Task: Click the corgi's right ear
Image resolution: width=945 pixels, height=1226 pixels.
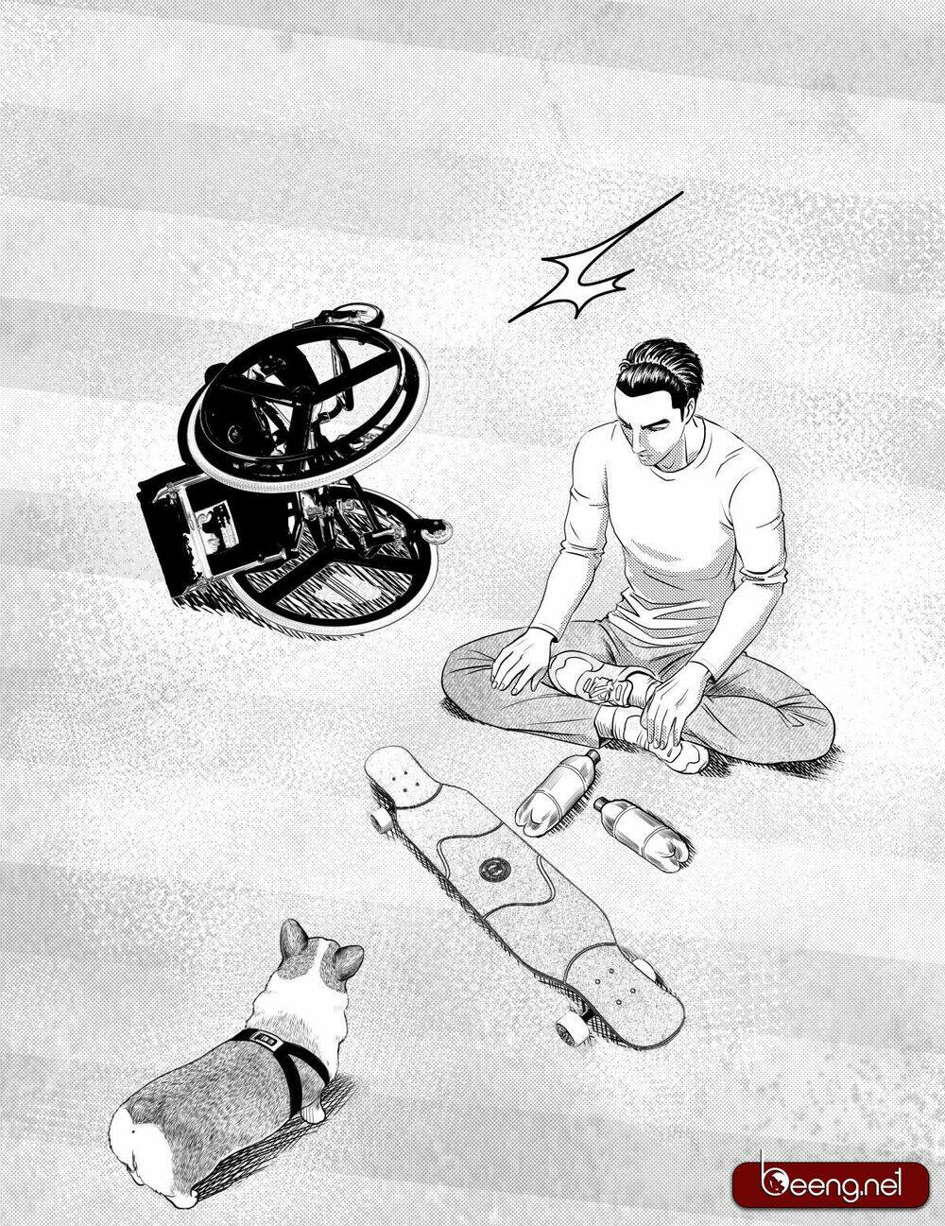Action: pyautogui.click(x=348, y=960)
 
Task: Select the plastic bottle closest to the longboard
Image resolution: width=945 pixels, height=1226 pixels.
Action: pyautogui.click(x=556, y=785)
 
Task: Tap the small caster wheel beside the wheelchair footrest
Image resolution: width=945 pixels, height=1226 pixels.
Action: pyautogui.click(x=436, y=531)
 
